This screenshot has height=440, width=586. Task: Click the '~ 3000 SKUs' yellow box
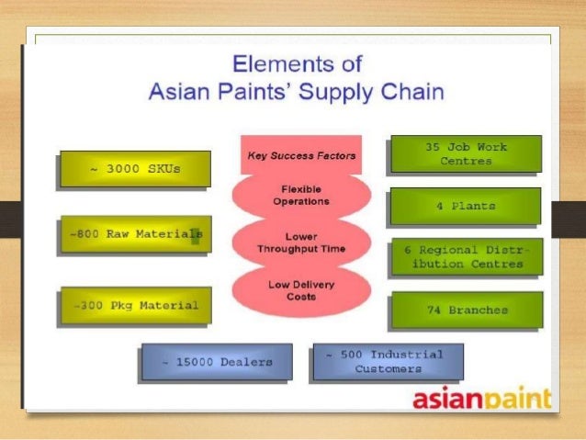134,168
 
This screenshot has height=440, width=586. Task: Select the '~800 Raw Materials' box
134,235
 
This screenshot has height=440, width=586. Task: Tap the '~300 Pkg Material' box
134,305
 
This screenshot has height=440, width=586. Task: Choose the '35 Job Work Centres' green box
466,153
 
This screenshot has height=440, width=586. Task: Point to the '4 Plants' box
466,206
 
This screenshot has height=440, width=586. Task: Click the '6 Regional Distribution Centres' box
466,257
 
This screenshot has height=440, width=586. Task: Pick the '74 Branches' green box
466,310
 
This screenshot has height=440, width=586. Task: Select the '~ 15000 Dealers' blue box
217,362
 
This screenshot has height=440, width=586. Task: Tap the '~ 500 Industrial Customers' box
388,361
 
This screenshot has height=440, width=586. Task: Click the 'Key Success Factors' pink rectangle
300,155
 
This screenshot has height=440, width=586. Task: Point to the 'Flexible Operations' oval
301,195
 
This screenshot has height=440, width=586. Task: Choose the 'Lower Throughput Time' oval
301,242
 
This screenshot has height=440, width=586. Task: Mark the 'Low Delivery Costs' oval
301,289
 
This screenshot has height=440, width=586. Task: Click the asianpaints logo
481,400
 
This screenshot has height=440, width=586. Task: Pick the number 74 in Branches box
434,310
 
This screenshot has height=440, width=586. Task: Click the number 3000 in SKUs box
122,168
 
